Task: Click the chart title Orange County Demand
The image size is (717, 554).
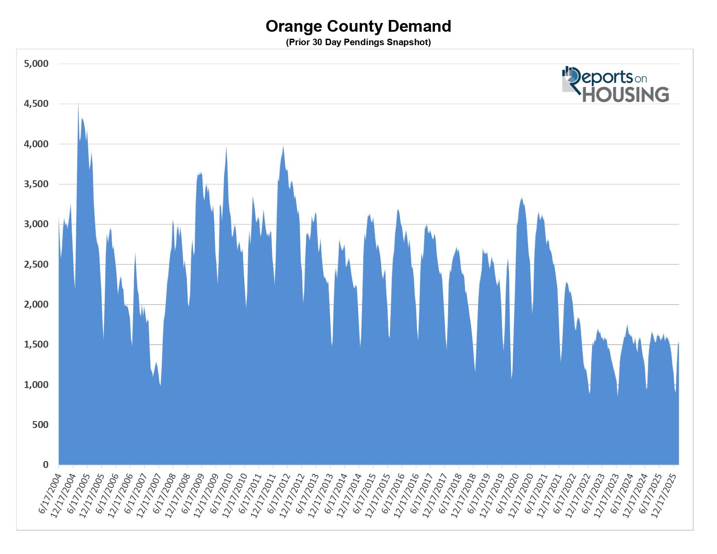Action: pos(358,27)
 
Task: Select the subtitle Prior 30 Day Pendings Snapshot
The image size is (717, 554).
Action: pos(358,43)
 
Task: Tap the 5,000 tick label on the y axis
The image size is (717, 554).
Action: pos(36,64)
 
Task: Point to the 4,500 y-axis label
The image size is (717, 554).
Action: pos(36,104)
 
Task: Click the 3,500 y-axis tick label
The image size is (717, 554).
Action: pos(36,184)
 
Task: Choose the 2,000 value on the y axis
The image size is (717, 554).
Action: pos(36,305)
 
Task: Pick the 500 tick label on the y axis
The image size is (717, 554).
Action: pos(40,425)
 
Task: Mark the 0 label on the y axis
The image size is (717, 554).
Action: pos(46,465)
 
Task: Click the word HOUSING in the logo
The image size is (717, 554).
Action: pos(625,95)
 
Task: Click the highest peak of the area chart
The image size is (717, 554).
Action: pos(78,103)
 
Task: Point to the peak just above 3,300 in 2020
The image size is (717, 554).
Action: pos(522,198)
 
